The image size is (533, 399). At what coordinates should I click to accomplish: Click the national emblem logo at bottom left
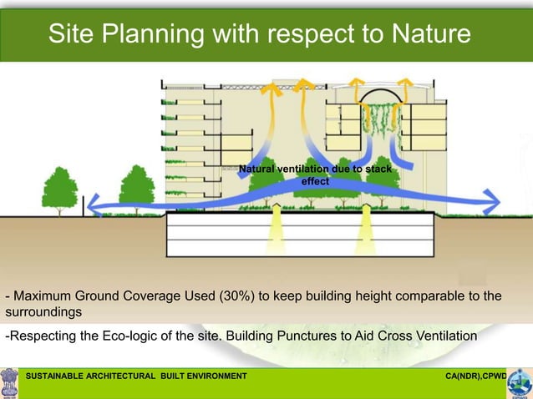point(10,382)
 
